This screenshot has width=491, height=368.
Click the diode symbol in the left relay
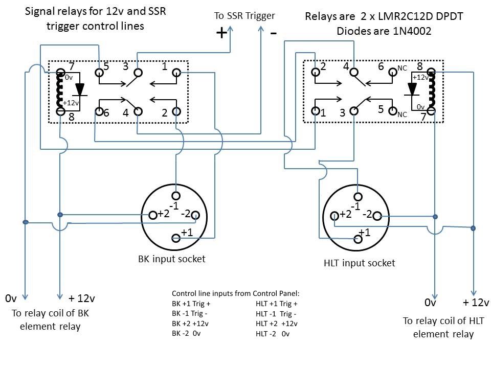[79, 89]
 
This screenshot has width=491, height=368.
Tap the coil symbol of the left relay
[61, 91]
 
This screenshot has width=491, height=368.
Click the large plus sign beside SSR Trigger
[221, 33]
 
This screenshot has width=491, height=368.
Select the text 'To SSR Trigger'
[244, 16]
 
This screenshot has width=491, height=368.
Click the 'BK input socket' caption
[172, 259]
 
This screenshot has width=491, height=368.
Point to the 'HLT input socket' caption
[360, 263]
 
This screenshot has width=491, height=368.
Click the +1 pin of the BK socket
[176, 238]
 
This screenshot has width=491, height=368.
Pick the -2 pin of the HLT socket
[377, 216]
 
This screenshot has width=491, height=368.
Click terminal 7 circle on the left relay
[61, 73]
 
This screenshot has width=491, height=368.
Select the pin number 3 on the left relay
[125, 65]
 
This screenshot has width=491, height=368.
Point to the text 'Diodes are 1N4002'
[384, 31]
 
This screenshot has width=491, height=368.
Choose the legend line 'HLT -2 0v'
[273, 334]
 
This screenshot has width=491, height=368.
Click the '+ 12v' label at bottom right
[476, 303]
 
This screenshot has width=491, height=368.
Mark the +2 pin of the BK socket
[152, 215]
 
